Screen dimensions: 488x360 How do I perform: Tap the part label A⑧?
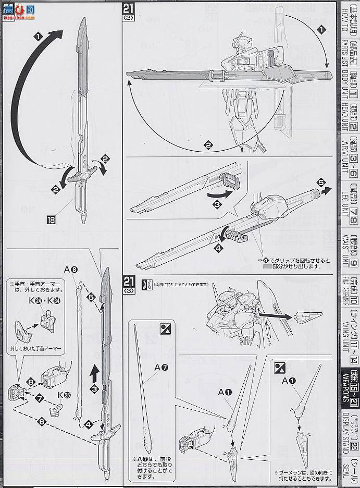point(71,270)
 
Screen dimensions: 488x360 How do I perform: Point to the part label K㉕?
point(64,395)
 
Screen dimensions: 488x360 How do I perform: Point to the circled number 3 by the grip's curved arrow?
point(216,205)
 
